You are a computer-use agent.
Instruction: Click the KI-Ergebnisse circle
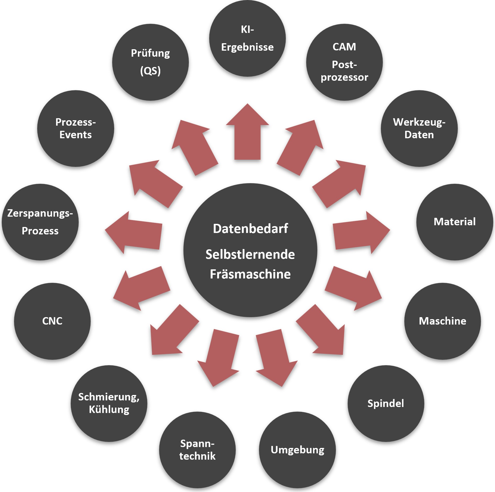[x=247, y=38]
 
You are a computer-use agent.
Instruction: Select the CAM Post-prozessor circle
[x=344, y=62]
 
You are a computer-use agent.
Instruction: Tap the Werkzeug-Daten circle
[x=419, y=128]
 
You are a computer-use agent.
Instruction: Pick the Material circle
[x=454, y=222]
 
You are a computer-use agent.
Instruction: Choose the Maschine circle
[x=442, y=321]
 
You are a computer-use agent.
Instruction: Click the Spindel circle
[x=386, y=403]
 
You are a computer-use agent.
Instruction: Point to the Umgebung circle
[x=297, y=450]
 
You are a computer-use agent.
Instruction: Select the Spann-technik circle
[x=197, y=450]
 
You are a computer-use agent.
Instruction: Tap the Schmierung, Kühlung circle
[x=109, y=403]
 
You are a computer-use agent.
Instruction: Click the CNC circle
[x=52, y=321]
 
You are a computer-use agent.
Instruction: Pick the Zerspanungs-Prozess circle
[x=40, y=222]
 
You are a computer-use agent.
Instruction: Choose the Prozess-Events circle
[x=75, y=128]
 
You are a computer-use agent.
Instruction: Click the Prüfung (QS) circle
[x=150, y=62]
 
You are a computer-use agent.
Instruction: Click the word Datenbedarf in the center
[x=250, y=229]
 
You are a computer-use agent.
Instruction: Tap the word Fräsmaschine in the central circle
[x=250, y=274]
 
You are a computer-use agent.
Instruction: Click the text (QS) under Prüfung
[x=150, y=71]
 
